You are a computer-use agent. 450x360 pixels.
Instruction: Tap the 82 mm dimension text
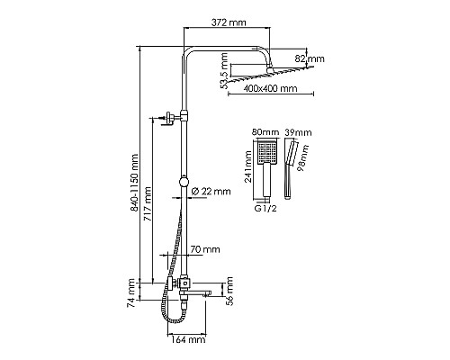point(315,60)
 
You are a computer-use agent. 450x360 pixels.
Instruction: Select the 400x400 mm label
point(271,90)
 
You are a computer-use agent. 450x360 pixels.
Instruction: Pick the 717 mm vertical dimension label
point(150,205)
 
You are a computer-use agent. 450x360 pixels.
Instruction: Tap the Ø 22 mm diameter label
point(212,190)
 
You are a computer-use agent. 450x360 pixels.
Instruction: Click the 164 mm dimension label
point(186,340)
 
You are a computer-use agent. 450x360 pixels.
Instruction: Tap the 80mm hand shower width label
point(264,132)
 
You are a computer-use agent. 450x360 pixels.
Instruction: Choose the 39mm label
point(293,132)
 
